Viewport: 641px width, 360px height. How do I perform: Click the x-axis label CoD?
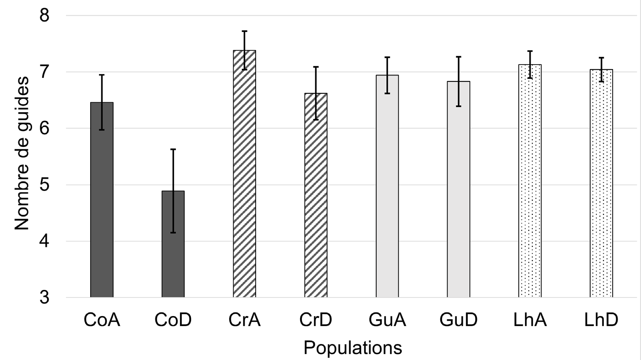point(173,320)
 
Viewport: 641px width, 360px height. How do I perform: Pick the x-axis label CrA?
point(245,320)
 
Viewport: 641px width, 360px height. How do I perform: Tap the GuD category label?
point(459,320)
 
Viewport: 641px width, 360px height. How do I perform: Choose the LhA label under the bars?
point(530,320)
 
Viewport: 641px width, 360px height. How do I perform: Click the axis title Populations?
point(353,348)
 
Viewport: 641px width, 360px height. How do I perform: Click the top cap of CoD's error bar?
point(173,149)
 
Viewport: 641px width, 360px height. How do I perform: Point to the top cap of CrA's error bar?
point(245,31)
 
